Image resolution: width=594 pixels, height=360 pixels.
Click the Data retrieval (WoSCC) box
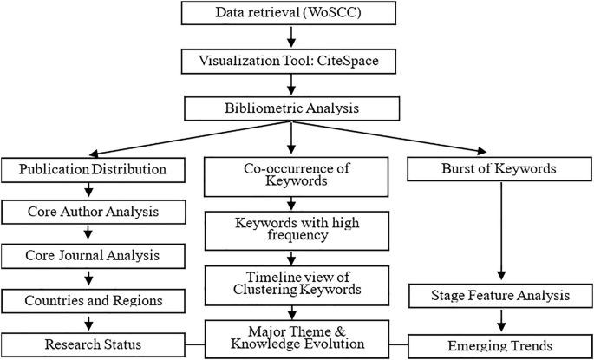tap(293, 13)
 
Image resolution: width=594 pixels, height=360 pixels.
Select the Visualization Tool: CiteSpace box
tap(293, 62)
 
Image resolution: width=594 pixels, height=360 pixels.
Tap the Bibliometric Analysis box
tap(293, 108)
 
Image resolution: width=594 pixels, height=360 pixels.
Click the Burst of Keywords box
tap(499, 167)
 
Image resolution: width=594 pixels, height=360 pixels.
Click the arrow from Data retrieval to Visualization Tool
tap(293, 37)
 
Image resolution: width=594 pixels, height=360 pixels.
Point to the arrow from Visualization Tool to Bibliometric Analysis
tap(293, 85)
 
